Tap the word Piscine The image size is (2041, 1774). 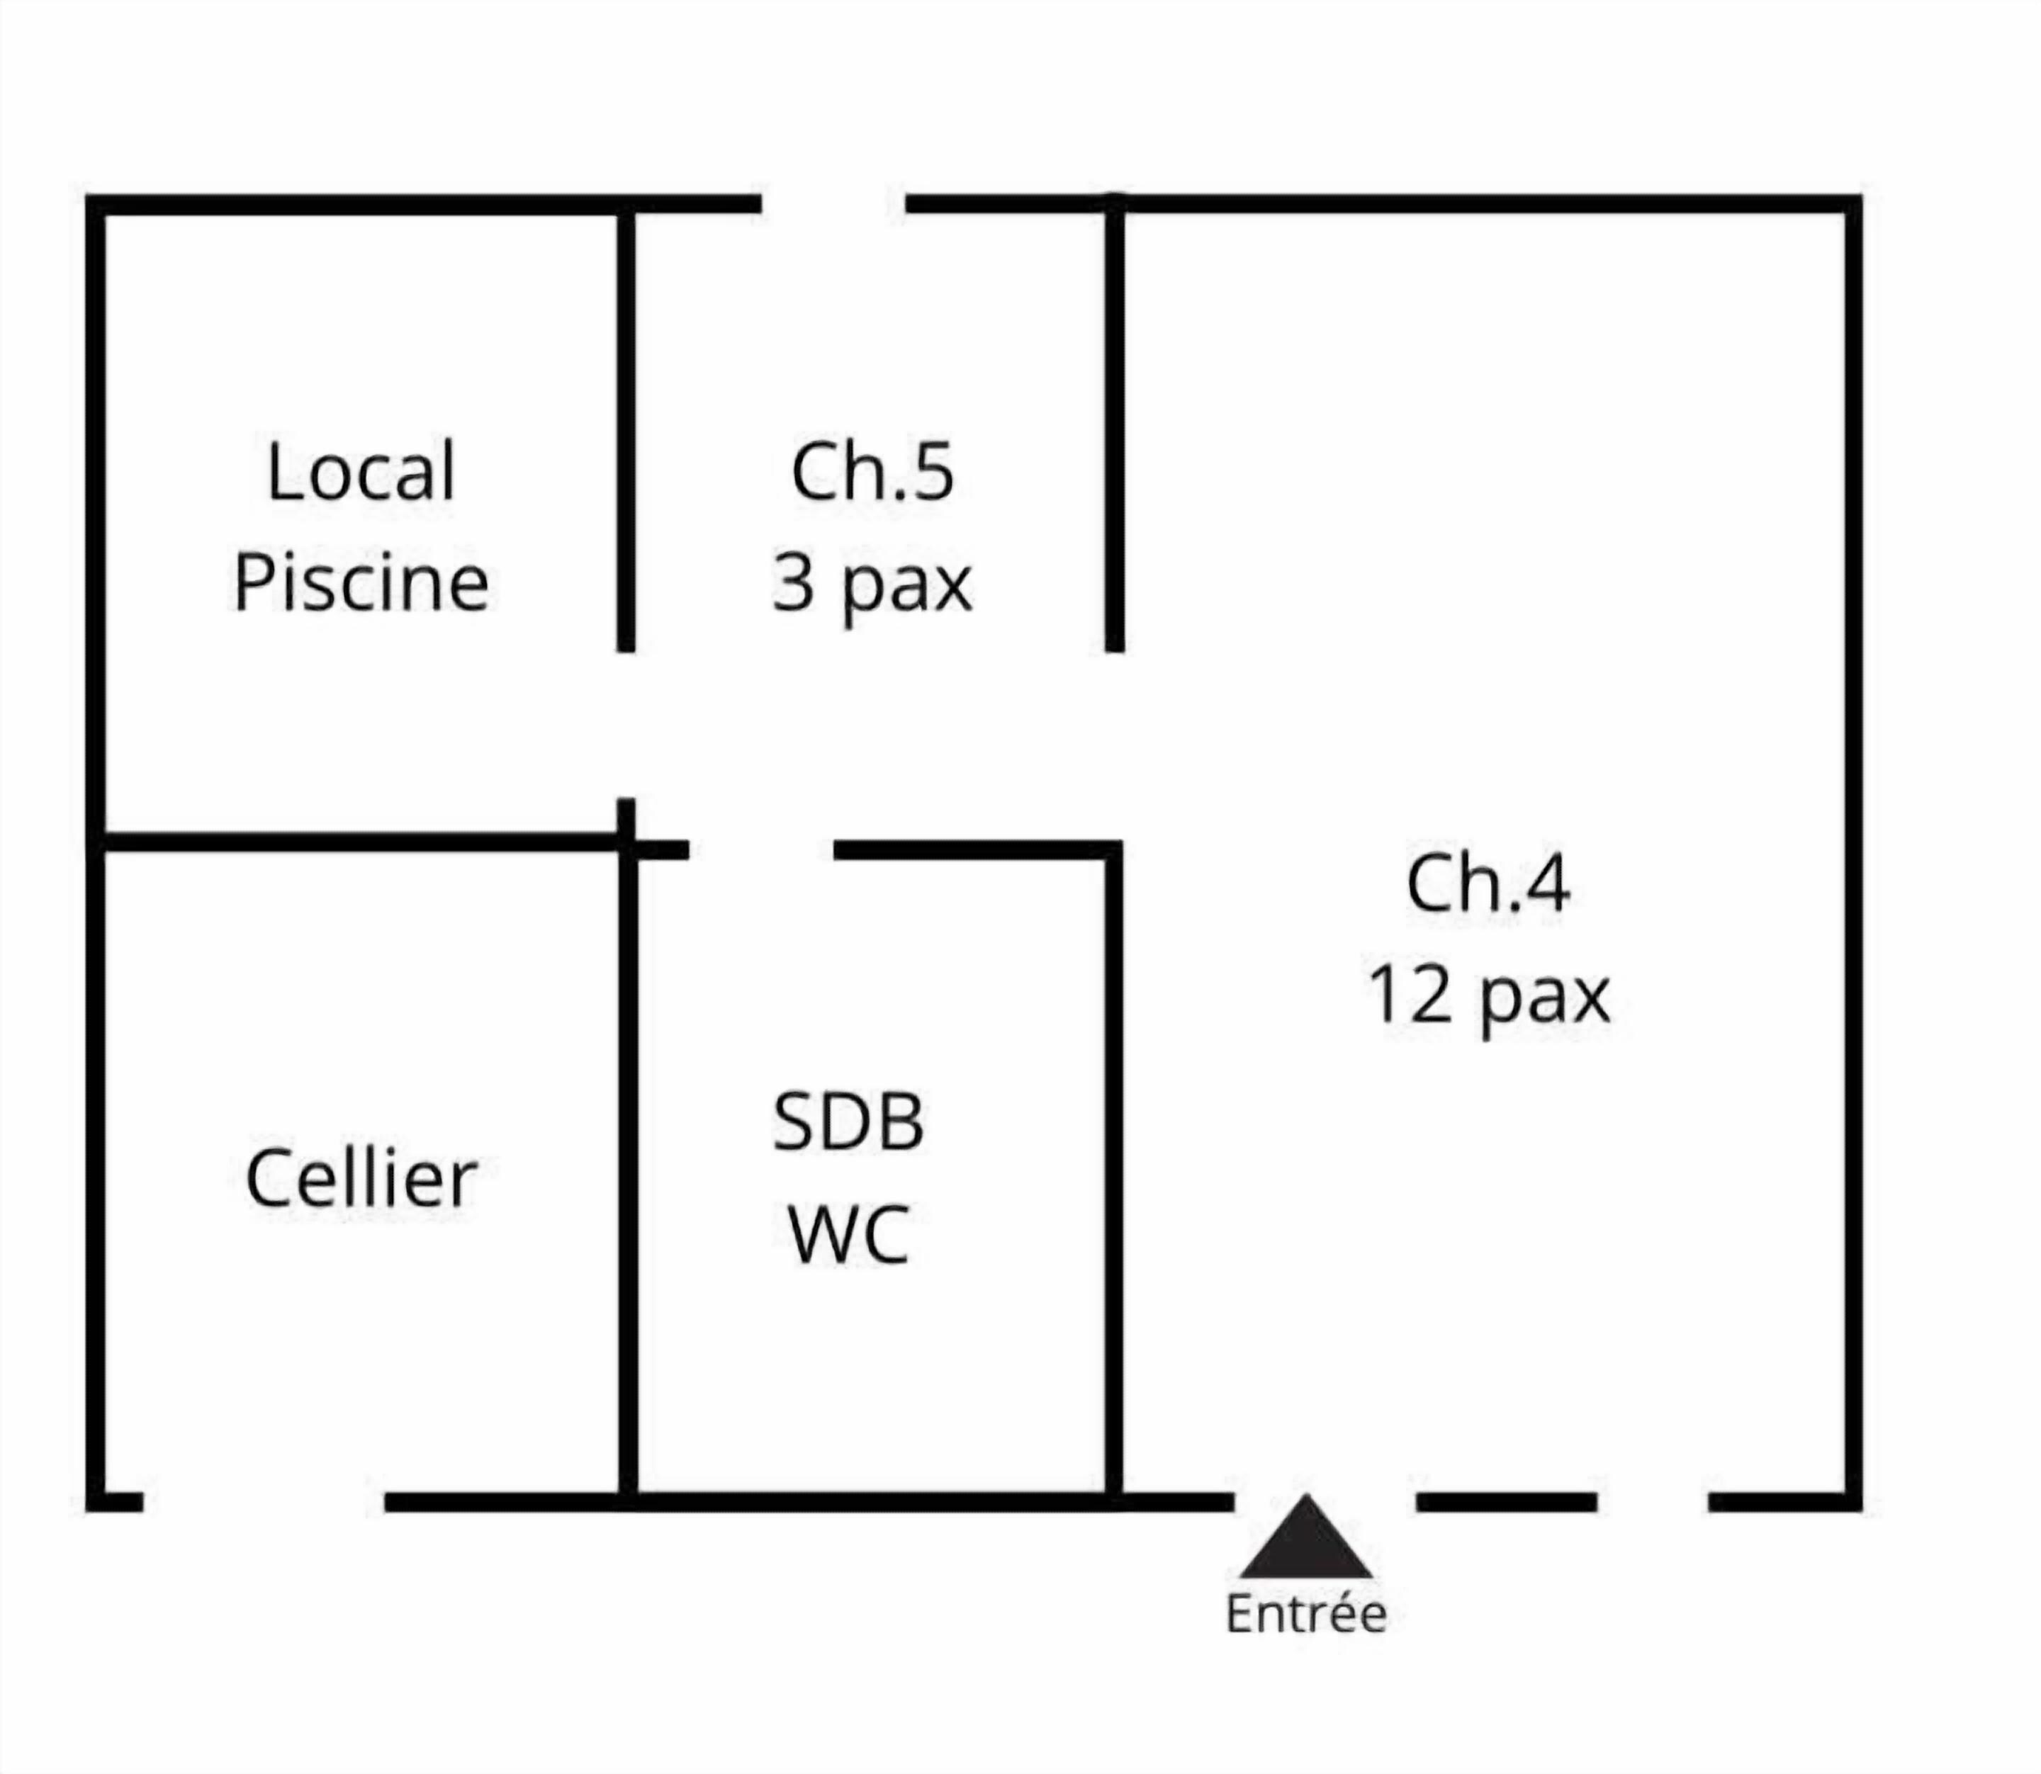[361, 582]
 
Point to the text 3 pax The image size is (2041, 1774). [872, 584]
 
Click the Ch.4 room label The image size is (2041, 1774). [1488, 884]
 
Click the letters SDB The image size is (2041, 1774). [849, 1123]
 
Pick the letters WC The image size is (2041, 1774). [849, 1234]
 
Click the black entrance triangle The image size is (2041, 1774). [1306, 1542]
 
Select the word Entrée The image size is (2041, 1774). [1306, 1615]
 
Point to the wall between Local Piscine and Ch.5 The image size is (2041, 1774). [626, 431]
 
